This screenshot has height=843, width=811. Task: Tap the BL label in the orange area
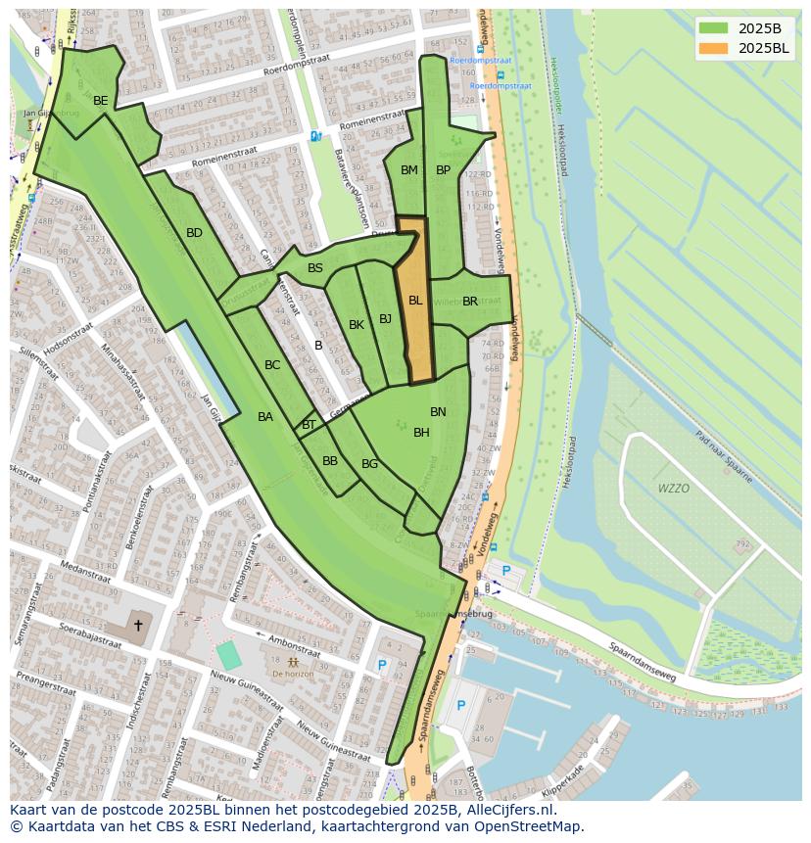click(x=415, y=301)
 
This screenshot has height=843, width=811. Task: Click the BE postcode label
click(x=100, y=101)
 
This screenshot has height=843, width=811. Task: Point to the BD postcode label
click(x=194, y=233)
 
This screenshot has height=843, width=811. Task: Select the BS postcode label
click(x=314, y=268)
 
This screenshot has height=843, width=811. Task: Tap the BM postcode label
click(x=409, y=170)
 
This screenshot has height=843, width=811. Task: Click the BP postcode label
click(x=443, y=170)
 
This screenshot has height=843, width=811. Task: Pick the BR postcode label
click(x=470, y=302)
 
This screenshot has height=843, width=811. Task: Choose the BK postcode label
click(x=357, y=325)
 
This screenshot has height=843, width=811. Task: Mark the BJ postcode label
click(x=385, y=319)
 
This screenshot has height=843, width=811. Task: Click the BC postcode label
click(x=272, y=365)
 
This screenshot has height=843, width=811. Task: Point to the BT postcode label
click(x=309, y=425)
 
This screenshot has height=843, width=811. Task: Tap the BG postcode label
click(x=369, y=464)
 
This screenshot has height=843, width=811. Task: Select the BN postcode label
click(x=438, y=412)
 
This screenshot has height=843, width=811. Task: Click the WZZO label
click(x=673, y=489)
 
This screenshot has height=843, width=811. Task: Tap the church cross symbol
click(x=138, y=625)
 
